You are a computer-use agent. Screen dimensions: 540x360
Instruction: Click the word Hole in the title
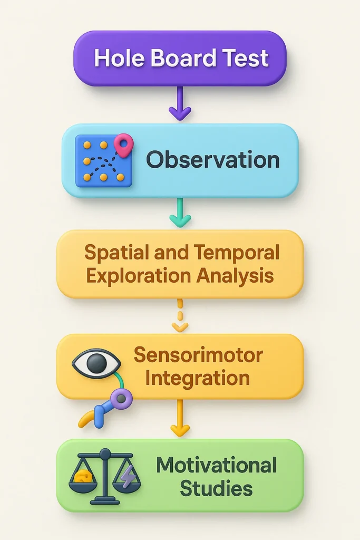click(118, 58)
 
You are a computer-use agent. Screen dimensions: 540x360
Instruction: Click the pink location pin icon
click(124, 143)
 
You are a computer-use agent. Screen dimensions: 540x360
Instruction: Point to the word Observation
click(212, 159)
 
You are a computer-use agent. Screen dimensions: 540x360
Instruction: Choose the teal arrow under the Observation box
click(180, 213)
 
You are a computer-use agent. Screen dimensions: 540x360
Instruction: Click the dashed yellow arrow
click(180, 316)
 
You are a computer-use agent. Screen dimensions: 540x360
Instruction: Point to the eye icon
click(96, 364)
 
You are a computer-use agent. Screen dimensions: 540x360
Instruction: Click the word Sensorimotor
click(198, 355)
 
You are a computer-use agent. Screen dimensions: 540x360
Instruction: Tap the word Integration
click(198, 378)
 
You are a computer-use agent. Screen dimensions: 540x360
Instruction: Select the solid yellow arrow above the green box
click(180, 418)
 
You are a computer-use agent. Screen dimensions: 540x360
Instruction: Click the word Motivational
click(216, 465)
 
